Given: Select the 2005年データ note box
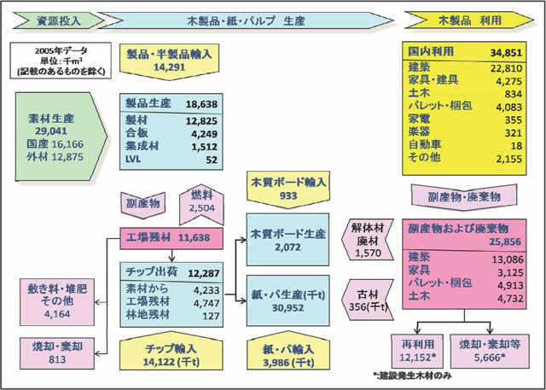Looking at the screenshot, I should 52,62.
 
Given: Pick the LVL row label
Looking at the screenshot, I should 134,159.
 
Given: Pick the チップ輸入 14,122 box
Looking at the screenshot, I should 173,352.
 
